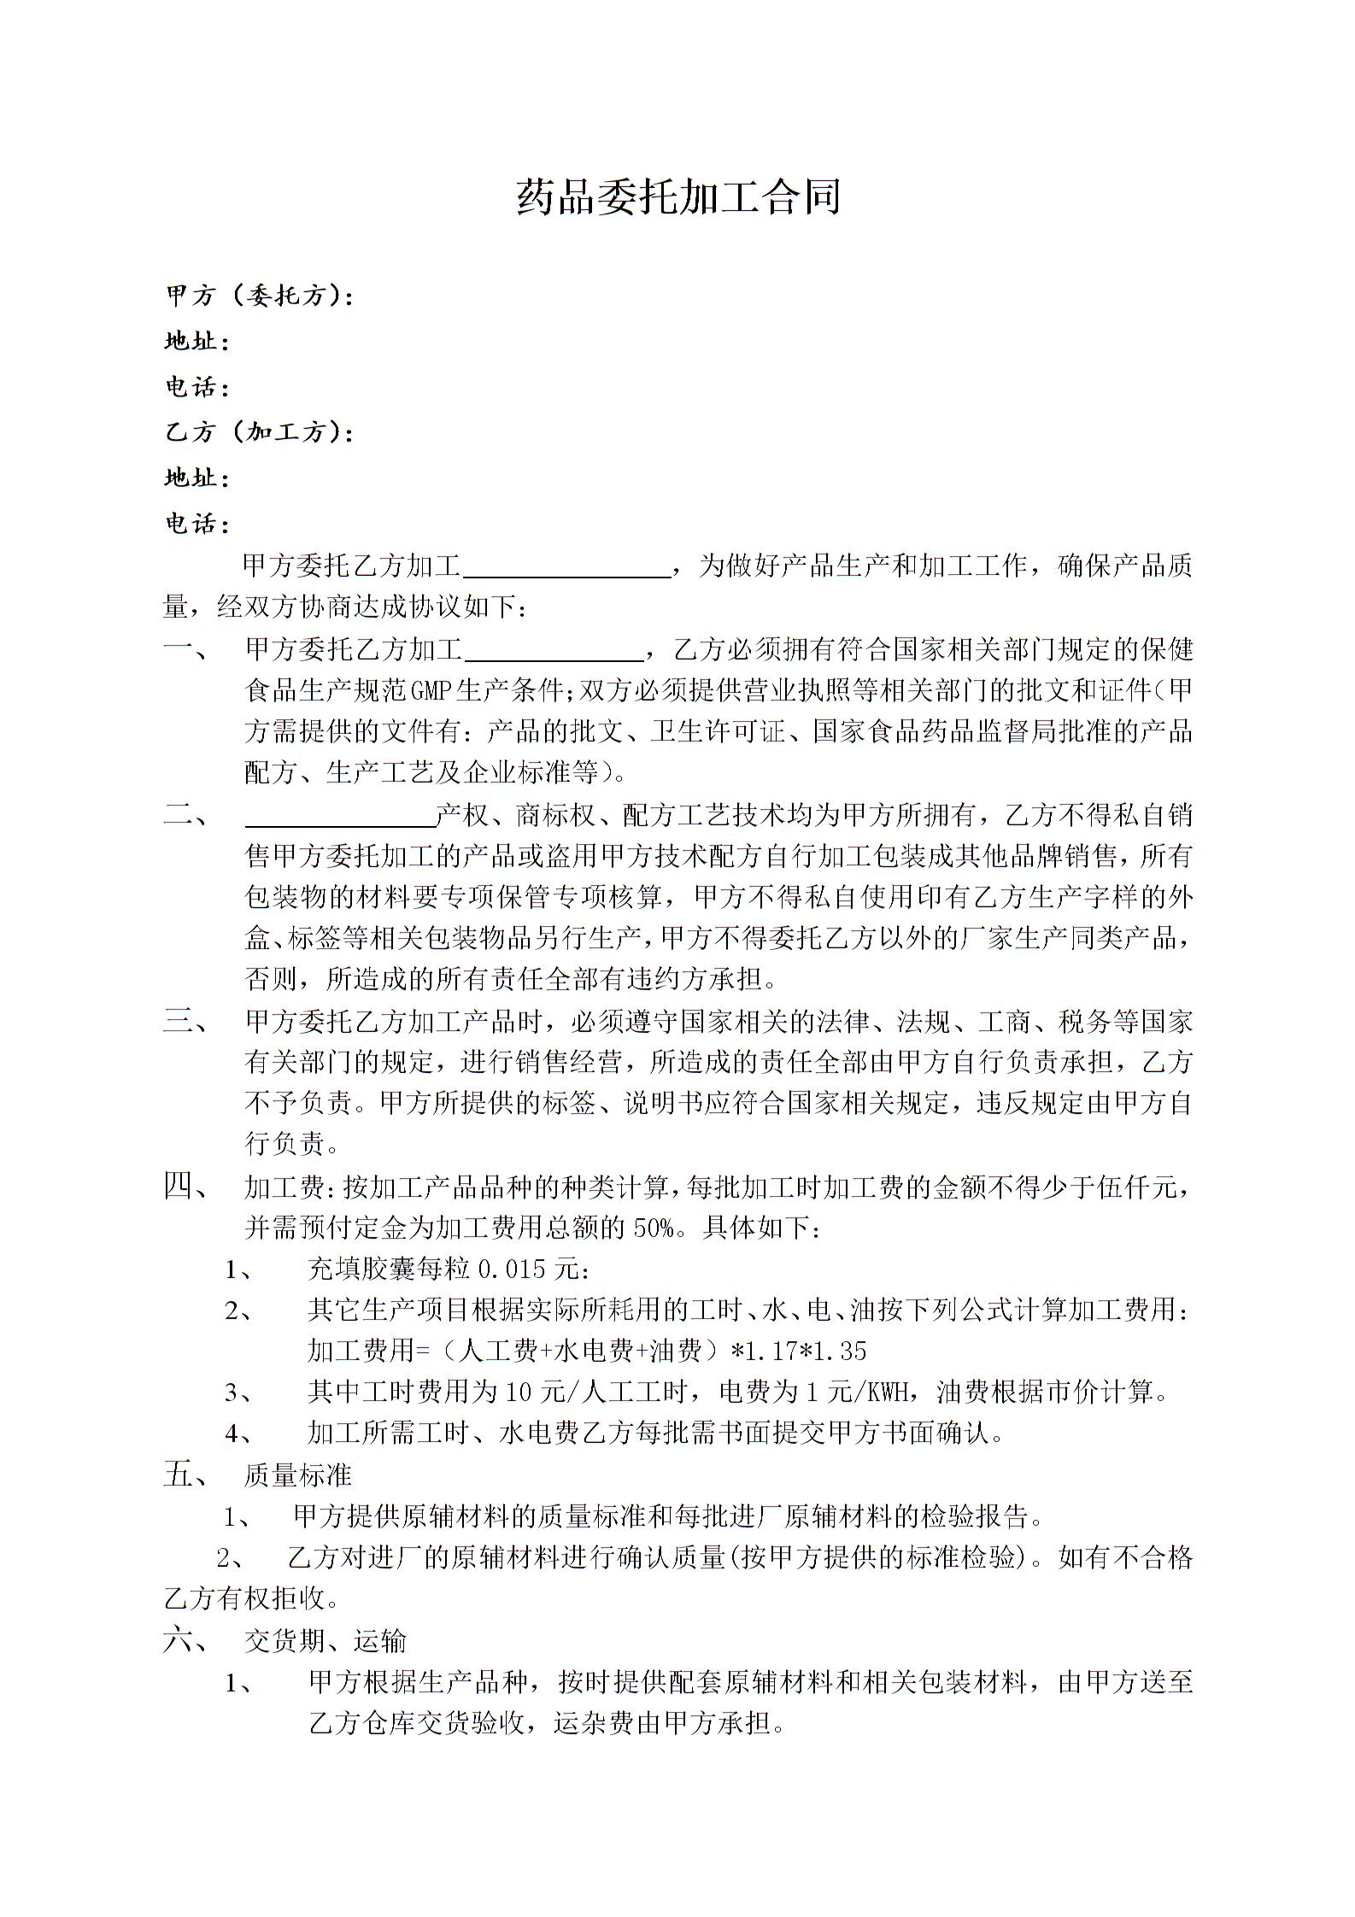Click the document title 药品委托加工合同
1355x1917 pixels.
point(678,197)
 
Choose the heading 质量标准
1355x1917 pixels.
point(298,1474)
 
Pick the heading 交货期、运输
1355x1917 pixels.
point(326,1640)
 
